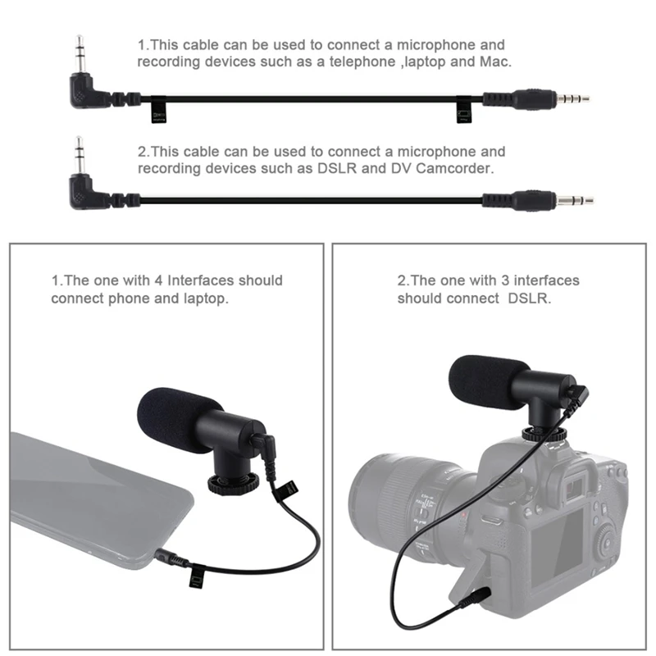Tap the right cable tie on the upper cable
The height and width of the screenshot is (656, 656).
pyautogui.click(x=465, y=111)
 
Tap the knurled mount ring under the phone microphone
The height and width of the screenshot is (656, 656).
pyautogui.click(x=235, y=483)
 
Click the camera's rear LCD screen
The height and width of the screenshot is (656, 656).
pyautogui.click(x=558, y=545)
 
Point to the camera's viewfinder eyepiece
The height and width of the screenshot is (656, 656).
pyautogui.click(x=573, y=484)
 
